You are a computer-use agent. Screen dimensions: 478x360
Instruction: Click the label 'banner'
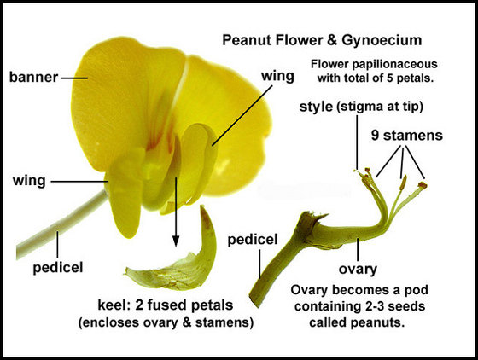33,77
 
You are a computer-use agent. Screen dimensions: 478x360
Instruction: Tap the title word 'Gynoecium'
382,41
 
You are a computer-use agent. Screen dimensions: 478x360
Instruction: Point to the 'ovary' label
358,270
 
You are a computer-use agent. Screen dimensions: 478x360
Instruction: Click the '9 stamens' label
407,136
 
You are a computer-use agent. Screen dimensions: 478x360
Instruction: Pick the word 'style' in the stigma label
316,107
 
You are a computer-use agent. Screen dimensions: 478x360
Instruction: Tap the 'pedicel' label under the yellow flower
58,268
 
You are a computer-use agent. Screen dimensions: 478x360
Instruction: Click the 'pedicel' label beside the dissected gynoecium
253,240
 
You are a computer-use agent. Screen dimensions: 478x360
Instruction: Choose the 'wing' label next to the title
277,77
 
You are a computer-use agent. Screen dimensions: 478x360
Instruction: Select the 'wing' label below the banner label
29,181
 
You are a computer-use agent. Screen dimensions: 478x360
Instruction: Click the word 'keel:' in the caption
114,305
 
